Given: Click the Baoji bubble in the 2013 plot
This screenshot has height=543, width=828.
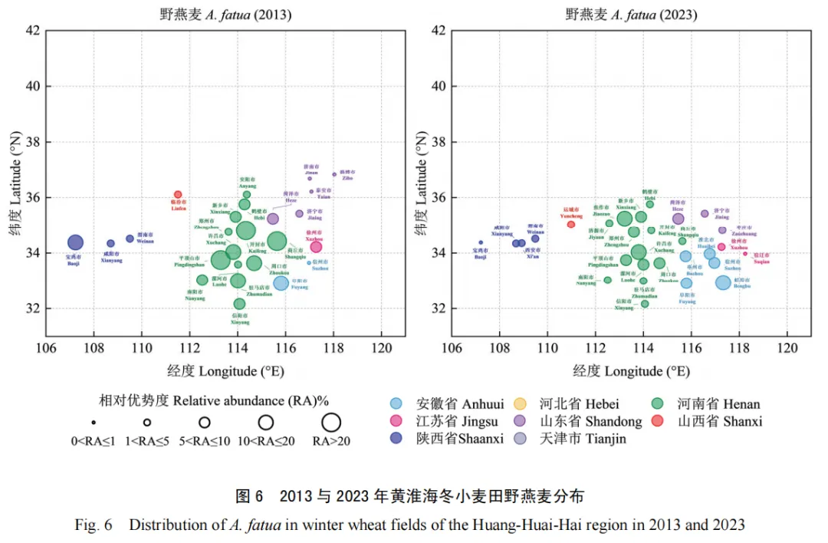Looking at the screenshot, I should [x=74, y=242].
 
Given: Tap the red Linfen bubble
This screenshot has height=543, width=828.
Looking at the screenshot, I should [x=178, y=195].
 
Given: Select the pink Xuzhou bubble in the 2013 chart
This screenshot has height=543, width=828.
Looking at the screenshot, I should [x=316, y=246].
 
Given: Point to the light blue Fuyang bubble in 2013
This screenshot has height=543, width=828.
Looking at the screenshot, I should [x=281, y=283].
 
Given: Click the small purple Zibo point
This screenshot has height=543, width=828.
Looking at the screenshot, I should [x=335, y=174].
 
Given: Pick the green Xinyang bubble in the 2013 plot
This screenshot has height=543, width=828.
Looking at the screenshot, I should [x=240, y=304].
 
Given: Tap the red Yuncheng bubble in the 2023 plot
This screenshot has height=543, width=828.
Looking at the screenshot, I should [x=571, y=224].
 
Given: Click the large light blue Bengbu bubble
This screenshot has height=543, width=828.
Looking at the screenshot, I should [x=723, y=282].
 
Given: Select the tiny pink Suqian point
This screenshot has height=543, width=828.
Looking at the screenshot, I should [x=744, y=254].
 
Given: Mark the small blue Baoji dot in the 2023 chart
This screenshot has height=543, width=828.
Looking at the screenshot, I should [x=481, y=242].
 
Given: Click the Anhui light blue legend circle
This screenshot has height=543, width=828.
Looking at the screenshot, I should [x=396, y=403].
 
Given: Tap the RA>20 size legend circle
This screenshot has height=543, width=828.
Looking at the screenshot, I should [x=331, y=422].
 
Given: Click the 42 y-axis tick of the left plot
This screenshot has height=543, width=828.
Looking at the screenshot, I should [x=32, y=31].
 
